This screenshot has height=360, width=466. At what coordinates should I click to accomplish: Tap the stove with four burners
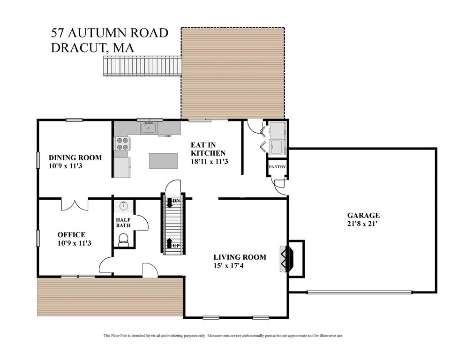pyautogui.click(x=122, y=143)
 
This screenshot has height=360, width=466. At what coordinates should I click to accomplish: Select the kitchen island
pyautogui.click(x=163, y=160)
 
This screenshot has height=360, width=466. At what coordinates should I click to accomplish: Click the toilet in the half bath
pyautogui.click(x=123, y=240)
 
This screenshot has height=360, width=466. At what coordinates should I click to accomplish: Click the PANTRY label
pyautogui.click(x=277, y=167)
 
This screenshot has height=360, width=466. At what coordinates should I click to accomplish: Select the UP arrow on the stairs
pyautogui.click(x=169, y=243)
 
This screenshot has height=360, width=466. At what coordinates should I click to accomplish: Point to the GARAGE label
pyautogui.click(x=363, y=215)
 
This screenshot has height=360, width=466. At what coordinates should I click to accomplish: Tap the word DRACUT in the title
pyautogui.click(x=77, y=47)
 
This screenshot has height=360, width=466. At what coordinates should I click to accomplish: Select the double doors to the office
pyautogui.click(x=75, y=204)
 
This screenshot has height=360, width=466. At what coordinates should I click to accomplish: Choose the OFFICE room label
pyautogui.click(x=71, y=235)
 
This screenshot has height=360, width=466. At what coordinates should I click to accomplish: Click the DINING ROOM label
pyautogui.click(x=75, y=157)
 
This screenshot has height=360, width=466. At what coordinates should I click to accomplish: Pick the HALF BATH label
pyautogui.click(x=123, y=222)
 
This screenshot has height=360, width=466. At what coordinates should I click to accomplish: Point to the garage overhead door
pyautogui.click(x=359, y=292)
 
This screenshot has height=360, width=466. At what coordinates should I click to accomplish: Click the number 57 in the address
pyautogui.click(x=58, y=33)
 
